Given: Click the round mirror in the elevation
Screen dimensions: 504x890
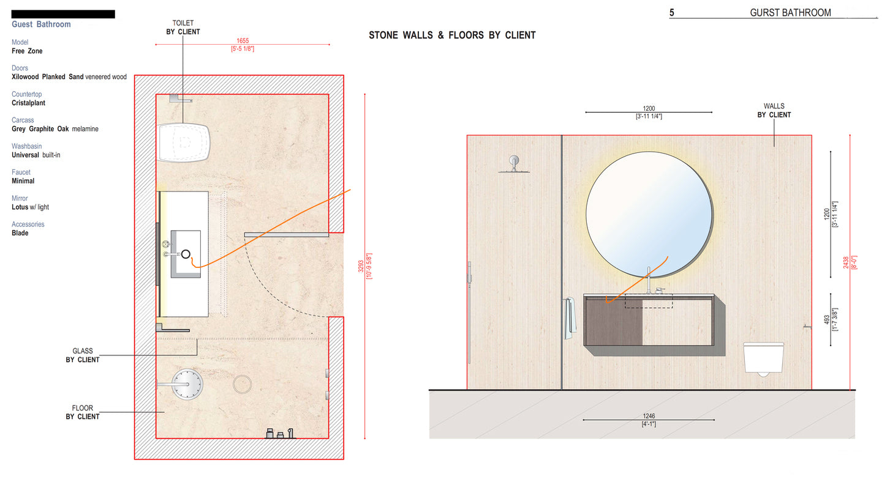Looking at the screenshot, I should click(649, 214).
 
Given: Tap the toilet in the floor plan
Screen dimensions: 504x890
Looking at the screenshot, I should click(184, 142).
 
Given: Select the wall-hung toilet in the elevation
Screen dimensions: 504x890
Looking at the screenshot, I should click(763, 358).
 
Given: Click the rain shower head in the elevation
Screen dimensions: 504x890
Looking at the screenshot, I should click(513, 164).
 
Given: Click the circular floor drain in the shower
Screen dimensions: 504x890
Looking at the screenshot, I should click(243, 384).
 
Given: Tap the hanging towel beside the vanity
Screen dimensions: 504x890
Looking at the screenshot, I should click(568, 317).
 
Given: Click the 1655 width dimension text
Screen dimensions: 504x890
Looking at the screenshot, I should click(243, 41).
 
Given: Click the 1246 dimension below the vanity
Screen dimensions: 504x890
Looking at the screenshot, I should click(649, 416).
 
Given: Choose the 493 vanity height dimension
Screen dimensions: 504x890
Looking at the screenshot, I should click(827, 321).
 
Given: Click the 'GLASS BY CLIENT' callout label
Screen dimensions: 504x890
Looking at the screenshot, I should click(83, 355).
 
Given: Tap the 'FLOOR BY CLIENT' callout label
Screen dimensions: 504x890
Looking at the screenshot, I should click(83, 412).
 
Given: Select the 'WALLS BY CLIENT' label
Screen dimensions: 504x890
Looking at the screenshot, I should click(774, 111).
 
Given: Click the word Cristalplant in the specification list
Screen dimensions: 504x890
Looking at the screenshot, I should click(28, 103).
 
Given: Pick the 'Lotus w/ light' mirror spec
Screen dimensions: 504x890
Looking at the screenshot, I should click(30, 207).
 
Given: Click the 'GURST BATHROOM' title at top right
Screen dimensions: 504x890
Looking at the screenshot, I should click(790, 13).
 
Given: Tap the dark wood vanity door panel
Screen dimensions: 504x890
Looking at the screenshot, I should click(614, 322).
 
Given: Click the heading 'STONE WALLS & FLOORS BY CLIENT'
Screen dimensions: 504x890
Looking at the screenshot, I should click(452, 35).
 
